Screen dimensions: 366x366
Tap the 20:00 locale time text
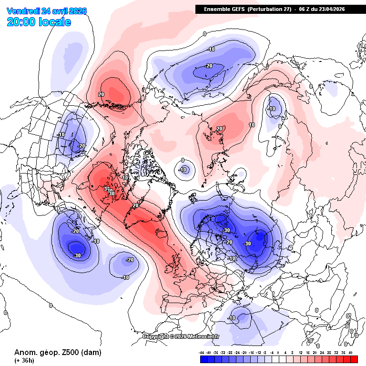pyautogui.click(x=39, y=22)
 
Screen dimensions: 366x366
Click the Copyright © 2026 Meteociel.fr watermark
pyautogui.click(x=181, y=337)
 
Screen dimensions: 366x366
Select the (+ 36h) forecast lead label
pyautogui.click(x=24, y=361)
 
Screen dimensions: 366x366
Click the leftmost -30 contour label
pyautogui.click(x=77, y=255)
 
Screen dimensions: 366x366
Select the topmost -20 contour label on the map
pyautogui.click(x=209, y=66)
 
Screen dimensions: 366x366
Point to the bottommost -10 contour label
pyautogui.click(x=233, y=318)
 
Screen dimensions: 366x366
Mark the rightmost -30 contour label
pyautogui.click(x=247, y=244)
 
